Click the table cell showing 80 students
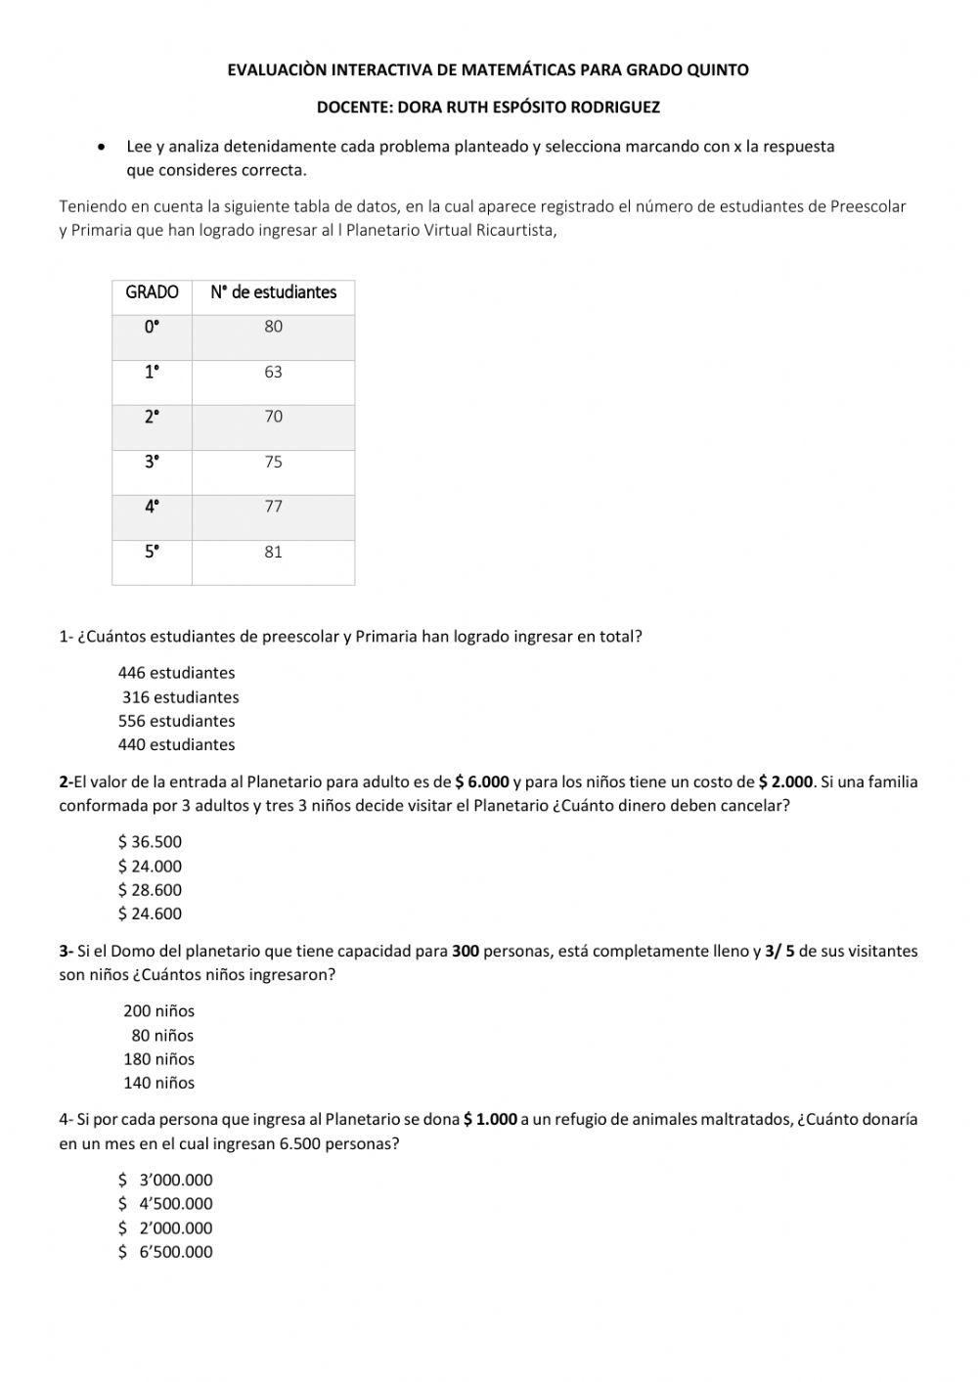pyautogui.click(x=273, y=327)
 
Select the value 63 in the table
pyautogui.click(x=273, y=372)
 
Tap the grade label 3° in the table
pyautogui.click(x=152, y=462)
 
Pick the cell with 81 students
pyautogui.click(x=273, y=552)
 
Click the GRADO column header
pyautogui.click(x=152, y=292)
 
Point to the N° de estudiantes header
pyautogui.click(x=273, y=292)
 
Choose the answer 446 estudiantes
pyautogui.click(x=176, y=673)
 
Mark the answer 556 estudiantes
pyautogui.click(x=176, y=721)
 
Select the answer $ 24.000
pyautogui.click(x=150, y=866)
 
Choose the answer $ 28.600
pyautogui.click(x=150, y=890)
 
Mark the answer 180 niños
pyautogui.click(x=158, y=1059)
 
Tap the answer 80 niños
pyautogui.click(x=162, y=1036)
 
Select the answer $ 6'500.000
pyautogui.click(x=165, y=1252)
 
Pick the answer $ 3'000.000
pyautogui.click(x=165, y=1181)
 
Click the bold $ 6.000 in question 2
pyautogui.click(x=482, y=782)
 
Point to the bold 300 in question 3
pyautogui.click(x=466, y=952)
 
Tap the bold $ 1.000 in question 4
pyautogui.click(x=490, y=1120)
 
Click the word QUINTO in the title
pyautogui.click(x=718, y=70)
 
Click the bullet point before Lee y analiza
pyautogui.click(x=102, y=148)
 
